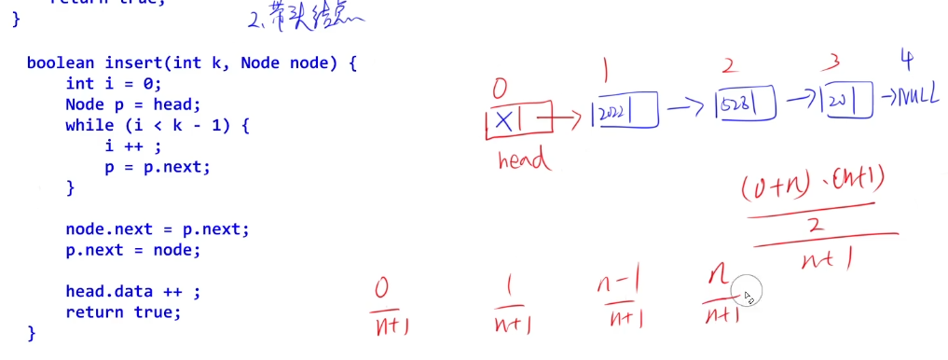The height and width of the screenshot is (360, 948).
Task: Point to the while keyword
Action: [x=85, y=125]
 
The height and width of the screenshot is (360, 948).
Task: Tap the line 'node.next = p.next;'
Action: [x=158, y=229]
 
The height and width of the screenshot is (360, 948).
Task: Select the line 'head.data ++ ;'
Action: [x=133, y=291]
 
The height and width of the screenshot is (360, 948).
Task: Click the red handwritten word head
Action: [x=525, y=159]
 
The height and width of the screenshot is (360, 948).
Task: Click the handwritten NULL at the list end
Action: [x=917, y=97]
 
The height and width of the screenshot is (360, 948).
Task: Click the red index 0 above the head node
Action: [x=500, y=90]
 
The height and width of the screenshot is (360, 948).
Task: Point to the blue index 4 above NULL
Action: [x=905, y=60]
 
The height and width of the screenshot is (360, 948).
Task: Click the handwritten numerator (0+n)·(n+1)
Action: [x=809, y=189]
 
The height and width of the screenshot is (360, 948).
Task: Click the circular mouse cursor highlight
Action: [x=748, y=293]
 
